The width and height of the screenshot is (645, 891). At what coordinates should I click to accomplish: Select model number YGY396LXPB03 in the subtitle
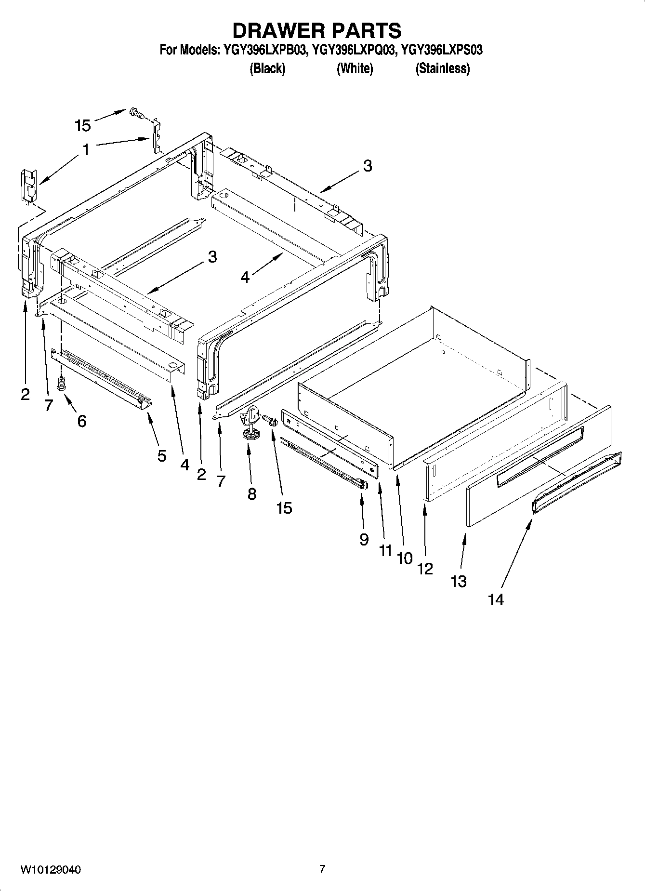(x=264, y=50)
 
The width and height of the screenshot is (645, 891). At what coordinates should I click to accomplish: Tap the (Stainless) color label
(x=442, y=69)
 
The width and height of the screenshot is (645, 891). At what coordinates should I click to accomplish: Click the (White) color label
(x=355, y=69)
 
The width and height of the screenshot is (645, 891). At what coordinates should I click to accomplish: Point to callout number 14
(x=496, y=599)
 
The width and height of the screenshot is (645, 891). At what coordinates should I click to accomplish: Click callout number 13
(x=459, y=581)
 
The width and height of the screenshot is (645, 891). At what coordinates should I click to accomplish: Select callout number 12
(x=425, y=569)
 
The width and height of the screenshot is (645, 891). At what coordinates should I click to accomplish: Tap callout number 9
(x=364, y=539)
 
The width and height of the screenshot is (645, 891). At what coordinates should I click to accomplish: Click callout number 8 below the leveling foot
(x=252, y=494)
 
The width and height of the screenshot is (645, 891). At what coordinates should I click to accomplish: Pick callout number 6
(x=82, y=421)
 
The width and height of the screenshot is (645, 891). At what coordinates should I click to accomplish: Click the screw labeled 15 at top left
(x=137, y=114)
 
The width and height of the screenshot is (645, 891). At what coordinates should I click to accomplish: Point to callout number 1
(x=86, y=150)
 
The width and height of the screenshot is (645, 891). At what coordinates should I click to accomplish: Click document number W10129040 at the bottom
(x=51, y=870)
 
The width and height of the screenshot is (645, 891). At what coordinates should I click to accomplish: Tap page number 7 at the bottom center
(x=322, y=869)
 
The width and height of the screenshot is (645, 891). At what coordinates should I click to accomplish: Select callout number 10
(x=405, y=558)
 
